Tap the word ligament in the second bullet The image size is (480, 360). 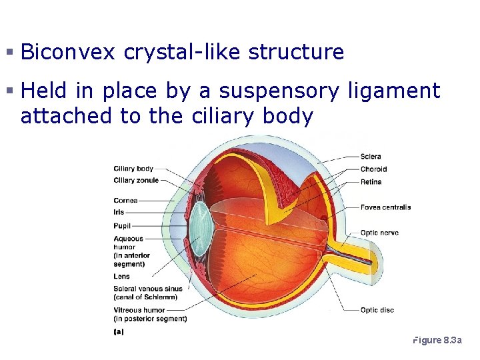coord(394,91)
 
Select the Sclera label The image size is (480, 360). coord(371,157)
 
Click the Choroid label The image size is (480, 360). coord(373,169)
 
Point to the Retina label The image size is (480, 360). coord(371,182)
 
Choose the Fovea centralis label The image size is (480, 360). coord(385,207)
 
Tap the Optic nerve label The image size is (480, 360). coord(379,233)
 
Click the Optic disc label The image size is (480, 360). coord(377,310)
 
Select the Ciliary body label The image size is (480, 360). coord(133,169)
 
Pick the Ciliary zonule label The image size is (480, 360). coord(136,181)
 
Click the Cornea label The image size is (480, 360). coord(125,201)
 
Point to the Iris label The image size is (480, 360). coord(119,213)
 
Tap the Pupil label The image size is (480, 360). coord(122,226)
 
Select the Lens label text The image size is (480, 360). coord(121,277)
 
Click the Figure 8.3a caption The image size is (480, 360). coord(437,341)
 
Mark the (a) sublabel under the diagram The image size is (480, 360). coord(118,331)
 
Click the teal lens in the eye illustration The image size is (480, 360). coord(200,227)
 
